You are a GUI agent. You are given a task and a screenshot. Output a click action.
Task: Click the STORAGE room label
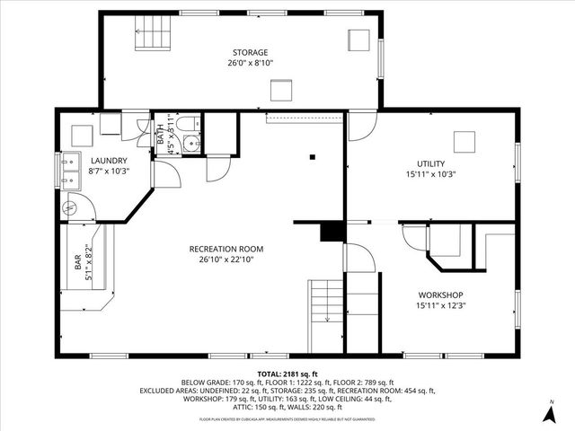pos(249,53)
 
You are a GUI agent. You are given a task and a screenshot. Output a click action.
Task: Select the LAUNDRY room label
pos(108,161)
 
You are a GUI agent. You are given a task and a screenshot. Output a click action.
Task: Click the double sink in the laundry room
pos(69,171)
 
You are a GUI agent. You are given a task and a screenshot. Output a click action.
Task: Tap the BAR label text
pos(77,263)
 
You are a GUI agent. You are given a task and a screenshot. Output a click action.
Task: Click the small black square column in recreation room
pos(312,157)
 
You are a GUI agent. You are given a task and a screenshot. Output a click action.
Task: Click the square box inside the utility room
pos(464,142)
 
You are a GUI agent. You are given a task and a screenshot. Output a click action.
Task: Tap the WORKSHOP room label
pos(440,295)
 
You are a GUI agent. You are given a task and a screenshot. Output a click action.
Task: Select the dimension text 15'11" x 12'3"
pos(440,305)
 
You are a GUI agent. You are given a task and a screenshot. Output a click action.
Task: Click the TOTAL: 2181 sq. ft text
pos(287,373)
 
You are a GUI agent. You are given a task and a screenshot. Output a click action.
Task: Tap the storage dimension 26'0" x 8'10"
pos(249,64)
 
